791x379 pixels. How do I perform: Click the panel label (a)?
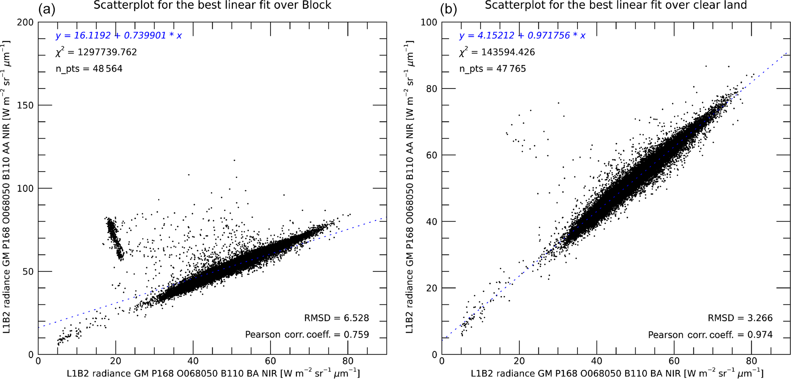(47, 8)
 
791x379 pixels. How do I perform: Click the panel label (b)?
(448, 8)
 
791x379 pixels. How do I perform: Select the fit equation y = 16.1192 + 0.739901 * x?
(119, 36)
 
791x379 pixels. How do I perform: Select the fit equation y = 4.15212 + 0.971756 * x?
(522, 36)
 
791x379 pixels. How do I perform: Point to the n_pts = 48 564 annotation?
(89, 69)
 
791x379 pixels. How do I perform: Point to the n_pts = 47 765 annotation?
(493, 69)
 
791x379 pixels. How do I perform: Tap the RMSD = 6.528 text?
(336, 318)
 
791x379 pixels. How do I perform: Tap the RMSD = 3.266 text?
(740, 318)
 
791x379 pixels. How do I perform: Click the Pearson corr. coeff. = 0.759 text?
(307, 335)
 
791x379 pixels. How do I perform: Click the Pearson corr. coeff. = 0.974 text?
(710, 335)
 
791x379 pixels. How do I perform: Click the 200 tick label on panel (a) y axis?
(25, 22)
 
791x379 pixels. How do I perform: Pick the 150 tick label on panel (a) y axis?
(25, 105)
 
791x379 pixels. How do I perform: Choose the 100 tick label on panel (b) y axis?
(429, 22)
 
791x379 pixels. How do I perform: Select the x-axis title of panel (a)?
(213, 373)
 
